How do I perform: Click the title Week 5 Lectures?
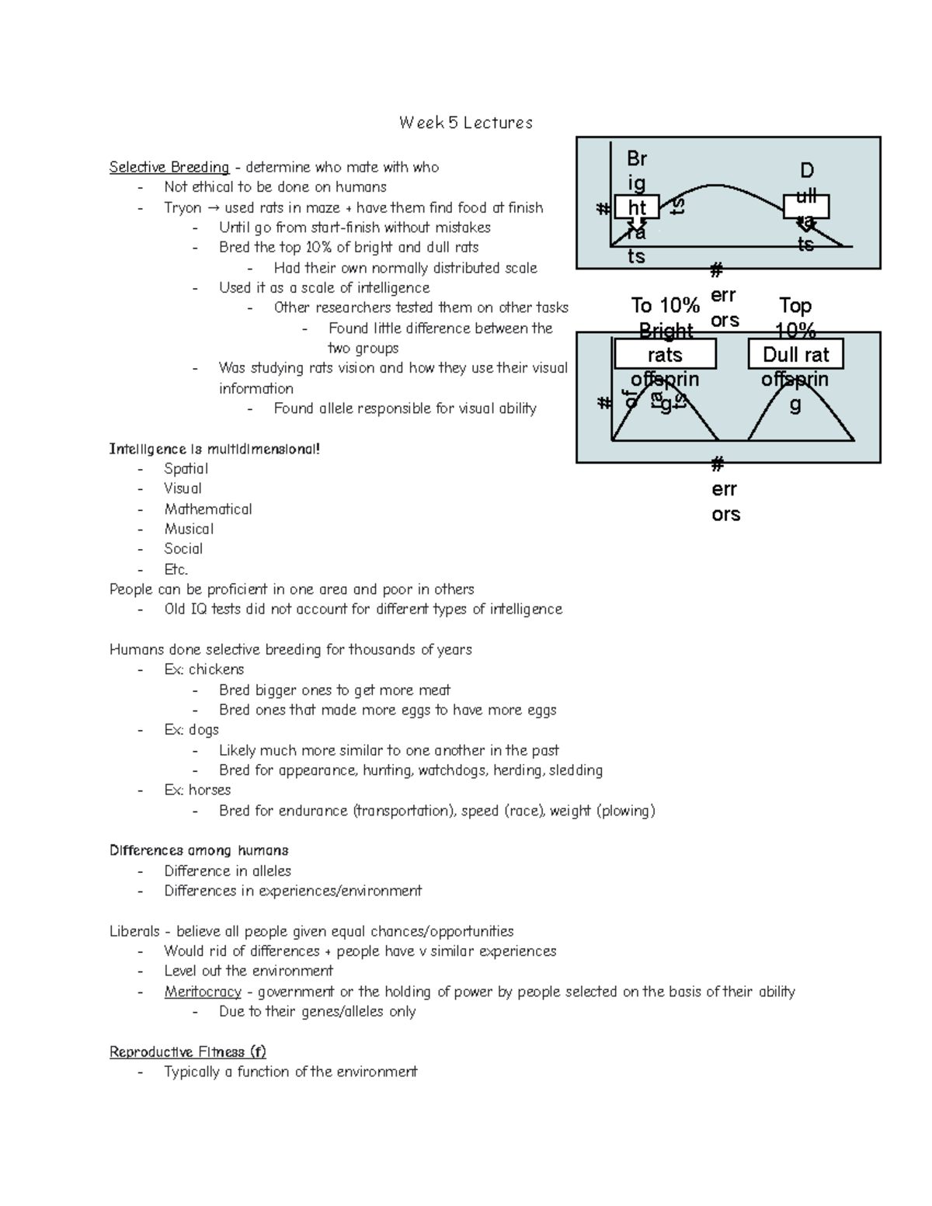pyautogui.click(x=465, y=123)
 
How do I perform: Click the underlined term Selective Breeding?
pyautogui.click(x=169, y=168)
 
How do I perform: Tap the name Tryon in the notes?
pyautogui.click(x=183, y=208)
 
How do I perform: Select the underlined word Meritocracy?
pyautogui.click(x=203, y=992)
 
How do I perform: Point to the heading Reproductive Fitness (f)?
pyautogui.click(x=187, y=1052)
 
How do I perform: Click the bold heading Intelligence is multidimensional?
pyautogui.click(x=214, y=449)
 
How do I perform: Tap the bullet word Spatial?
pyautogui.click(x=186, y=469)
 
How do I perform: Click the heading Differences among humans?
pyautogui.click(x=199, y=850)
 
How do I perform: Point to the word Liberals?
pyautogui.click(x=134, y=931)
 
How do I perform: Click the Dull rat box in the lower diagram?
pyautogui.click(x=795, y=355)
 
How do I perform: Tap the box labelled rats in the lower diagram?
pyautogui.click(x=665, y=355)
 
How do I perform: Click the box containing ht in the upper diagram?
pyautogui.click(x=637, y=207)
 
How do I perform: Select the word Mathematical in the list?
pyautogui.click(x=207, y=509)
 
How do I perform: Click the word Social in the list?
pyautogui.click(x=183, y=549)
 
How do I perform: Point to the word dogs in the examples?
pyautogui.click(x=203, y=730)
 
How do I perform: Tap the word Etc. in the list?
pyautogui.click(x=176, y=569)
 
